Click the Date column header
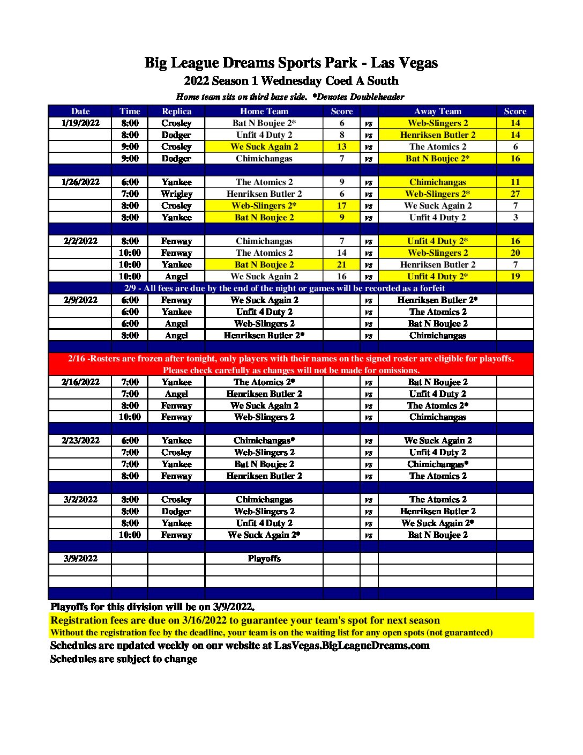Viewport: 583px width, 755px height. (80, 112)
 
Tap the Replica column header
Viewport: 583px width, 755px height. (176, 112)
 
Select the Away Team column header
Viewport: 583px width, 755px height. (437, 112)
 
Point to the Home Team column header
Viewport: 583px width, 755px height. (264, 112)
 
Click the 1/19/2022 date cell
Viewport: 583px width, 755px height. (80, 123)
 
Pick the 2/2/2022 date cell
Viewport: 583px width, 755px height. (80, 241)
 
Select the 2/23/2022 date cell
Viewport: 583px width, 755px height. (80, 441)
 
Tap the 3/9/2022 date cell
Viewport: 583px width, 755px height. (80, 559)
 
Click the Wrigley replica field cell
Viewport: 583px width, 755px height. (176, 194)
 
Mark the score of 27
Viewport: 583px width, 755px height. (515, 194)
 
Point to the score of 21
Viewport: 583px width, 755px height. (342, 265)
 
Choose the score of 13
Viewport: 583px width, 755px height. (342, 147)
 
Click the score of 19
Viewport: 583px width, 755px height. (515, 277)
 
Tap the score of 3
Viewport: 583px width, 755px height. (515, 218)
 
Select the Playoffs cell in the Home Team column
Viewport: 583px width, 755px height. (264, 559)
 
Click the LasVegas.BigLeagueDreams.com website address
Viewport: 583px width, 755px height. (352, 646)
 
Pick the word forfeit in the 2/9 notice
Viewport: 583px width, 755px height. (432, 288)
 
